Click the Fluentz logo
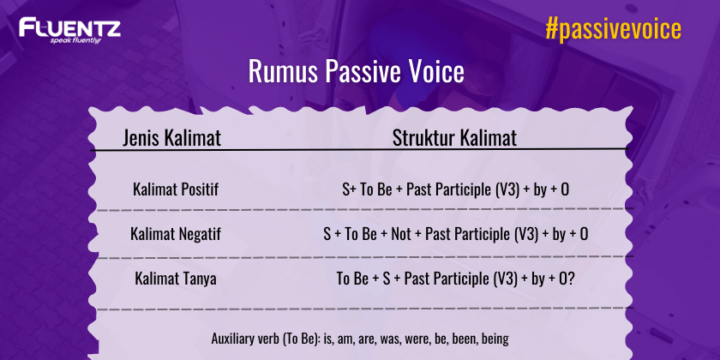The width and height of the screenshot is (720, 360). click(69, 29)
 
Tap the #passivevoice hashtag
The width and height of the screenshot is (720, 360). click(613, 30)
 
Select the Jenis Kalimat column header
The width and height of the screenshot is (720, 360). click(172, 137)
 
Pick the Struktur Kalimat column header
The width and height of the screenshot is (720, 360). click(454, 137)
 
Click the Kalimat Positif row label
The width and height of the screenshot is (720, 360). click(176, 188)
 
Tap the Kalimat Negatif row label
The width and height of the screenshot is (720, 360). click(176, 233)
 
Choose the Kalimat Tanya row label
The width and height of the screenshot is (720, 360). click(176, 279)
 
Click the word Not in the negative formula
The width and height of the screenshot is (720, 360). click(401, 233)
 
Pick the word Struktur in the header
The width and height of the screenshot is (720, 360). click(423, 137)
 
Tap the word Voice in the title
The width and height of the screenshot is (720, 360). click(436, 72)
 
